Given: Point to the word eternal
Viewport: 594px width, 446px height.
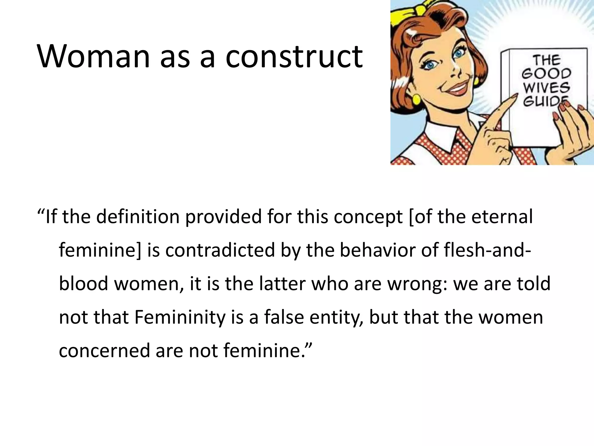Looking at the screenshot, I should (502, 217).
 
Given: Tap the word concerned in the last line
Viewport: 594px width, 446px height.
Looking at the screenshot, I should (104, 351).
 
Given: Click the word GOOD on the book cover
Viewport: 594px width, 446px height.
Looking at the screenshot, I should (546, 74).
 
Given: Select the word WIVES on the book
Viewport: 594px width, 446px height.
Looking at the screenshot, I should (546, 87).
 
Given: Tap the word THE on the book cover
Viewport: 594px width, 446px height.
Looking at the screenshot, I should (546, 60).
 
